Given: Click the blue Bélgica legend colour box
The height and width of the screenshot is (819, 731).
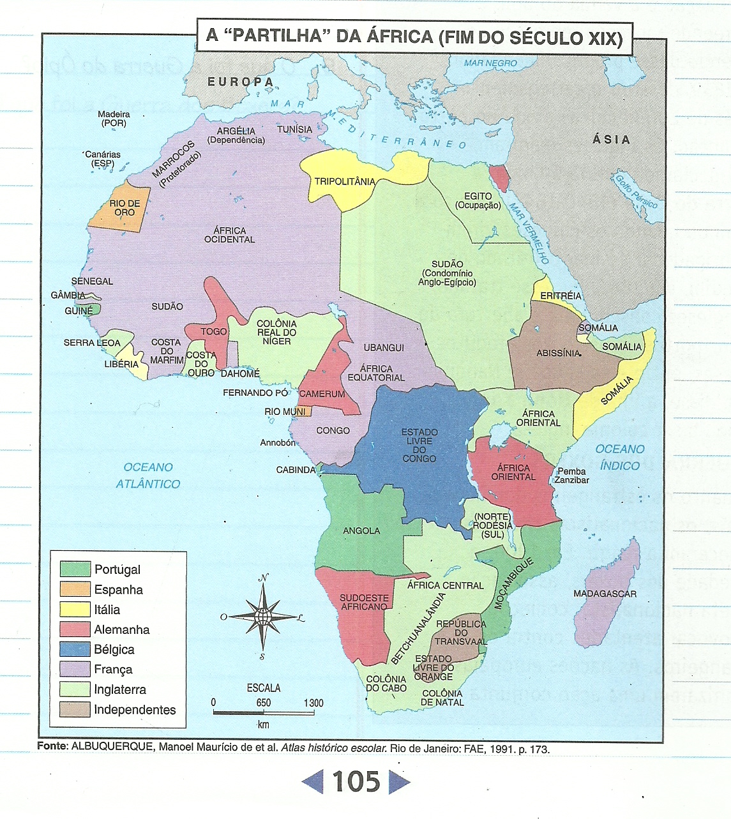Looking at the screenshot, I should (x=75, y=649).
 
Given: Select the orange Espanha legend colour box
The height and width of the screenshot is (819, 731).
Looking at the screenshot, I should (x=75, y=589).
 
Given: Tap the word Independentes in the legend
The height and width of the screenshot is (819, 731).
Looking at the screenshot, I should (x=135, y=709).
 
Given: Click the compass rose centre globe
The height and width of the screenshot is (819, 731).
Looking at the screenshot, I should (x=262, y=617).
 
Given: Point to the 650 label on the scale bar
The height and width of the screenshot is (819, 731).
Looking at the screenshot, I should (x=263, y=703).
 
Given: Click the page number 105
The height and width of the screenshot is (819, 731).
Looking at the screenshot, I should (x=356, y=782).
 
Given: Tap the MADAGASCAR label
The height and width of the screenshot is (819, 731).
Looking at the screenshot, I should (x=605, y=594).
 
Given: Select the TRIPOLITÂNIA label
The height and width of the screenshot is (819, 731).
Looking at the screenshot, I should (x=345, y=181).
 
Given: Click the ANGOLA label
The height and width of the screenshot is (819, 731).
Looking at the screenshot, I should (x=361, y=530).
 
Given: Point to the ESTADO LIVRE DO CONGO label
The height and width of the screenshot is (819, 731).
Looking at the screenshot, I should (x=419, y=446).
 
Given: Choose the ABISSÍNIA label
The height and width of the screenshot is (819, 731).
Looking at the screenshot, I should (x=559, y=353).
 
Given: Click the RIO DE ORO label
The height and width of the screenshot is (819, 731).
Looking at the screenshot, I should (x=124, y=208).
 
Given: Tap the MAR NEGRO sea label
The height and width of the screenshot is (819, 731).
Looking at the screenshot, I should (x=490, y=63).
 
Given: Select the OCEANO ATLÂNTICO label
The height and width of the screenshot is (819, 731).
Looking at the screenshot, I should (x=148, y=476).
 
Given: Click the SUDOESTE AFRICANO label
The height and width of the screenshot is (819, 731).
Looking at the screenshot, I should (x=364, y=602).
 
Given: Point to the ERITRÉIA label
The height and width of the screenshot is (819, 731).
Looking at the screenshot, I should (x=561, y=296).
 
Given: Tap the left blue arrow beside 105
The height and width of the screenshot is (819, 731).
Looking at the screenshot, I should (x=313, y=782).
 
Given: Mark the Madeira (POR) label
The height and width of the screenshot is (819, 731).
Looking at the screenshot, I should (x=114, y=119).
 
